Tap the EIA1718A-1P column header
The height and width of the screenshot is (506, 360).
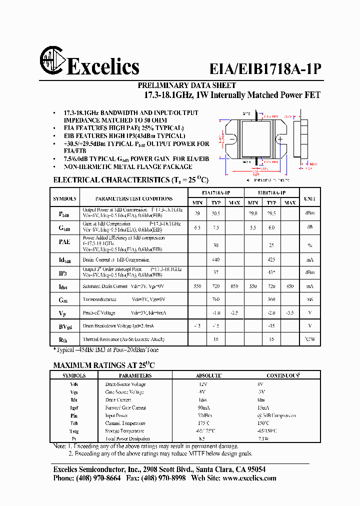point(216,192)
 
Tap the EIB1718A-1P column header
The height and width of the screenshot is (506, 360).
point(271,192)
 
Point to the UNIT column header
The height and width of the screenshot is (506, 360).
point(310,198)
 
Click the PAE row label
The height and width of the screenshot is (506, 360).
point(65,242)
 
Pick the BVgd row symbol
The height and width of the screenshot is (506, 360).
point(65,326)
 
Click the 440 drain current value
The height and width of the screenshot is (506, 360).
point(216,260)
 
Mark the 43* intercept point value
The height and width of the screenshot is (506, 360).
point(271,272)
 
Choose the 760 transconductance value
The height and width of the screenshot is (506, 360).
point(216,299)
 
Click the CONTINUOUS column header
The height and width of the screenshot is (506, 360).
point(283,375)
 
